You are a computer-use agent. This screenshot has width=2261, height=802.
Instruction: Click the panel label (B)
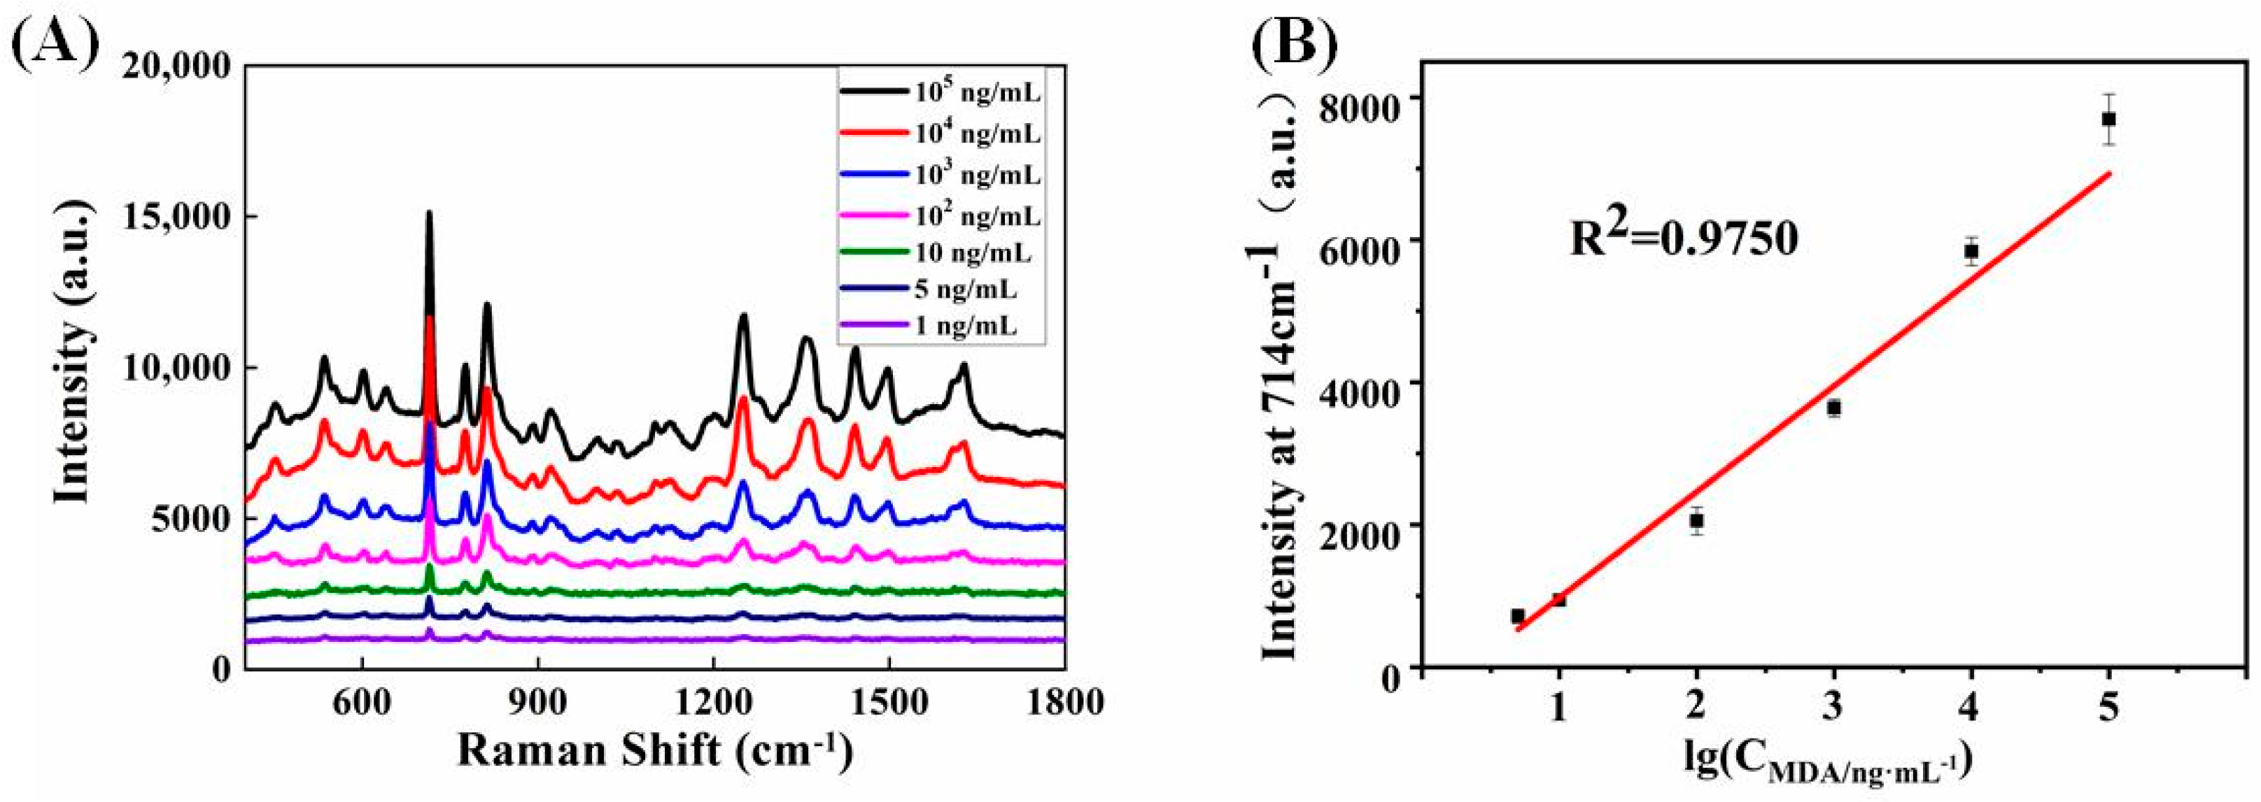coord(1295,42)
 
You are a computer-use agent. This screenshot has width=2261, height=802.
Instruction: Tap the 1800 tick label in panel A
coord(1063,703)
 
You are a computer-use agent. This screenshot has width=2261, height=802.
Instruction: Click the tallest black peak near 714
coord(429,215)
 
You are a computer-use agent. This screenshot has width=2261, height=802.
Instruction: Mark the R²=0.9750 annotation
coord(1684,238)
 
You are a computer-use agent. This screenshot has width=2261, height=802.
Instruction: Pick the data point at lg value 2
coord(1697,520)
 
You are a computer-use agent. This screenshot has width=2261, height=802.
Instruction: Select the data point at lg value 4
coord(1971,251)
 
